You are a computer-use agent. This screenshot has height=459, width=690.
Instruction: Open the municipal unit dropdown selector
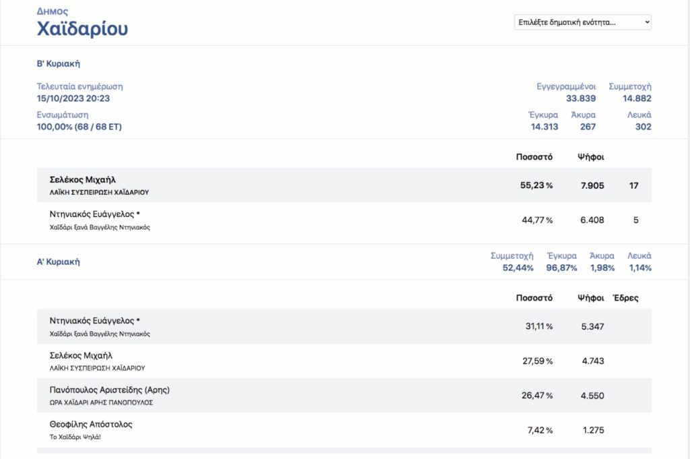point(583,22)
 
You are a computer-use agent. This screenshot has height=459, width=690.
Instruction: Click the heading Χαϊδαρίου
point(82,28)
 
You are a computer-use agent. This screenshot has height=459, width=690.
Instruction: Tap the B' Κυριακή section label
point(59,64)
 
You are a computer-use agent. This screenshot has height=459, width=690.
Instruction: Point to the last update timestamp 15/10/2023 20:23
point(73,98)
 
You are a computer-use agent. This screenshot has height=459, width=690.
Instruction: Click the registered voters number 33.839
point(581,98)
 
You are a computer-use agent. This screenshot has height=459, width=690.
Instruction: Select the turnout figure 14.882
point(637,98)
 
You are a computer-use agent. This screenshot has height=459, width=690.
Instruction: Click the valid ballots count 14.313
point(544,127)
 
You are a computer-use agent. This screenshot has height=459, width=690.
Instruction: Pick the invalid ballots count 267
point(588,127)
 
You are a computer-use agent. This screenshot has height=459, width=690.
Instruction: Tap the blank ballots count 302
point(643,127)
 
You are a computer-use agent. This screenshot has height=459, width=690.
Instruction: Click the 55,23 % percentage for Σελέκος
point(536,185)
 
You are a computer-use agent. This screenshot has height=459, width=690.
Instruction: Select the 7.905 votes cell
point(592,185)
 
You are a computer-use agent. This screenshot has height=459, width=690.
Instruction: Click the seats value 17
point(633,185)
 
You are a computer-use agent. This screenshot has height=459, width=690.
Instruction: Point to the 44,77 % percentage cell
point(537,220)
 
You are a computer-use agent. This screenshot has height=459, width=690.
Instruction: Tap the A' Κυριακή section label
point(59,262)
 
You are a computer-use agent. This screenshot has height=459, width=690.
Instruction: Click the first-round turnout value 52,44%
point(518,268)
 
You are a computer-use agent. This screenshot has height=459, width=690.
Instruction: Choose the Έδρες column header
point(625,298)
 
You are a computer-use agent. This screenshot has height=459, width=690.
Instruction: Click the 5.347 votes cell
point(592,326)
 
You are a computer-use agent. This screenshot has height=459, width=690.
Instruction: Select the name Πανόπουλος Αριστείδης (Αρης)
point(110,390)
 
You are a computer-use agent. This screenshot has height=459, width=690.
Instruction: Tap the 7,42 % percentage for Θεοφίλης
point(540,430)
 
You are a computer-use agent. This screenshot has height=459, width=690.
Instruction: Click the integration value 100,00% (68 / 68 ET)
point(80,127)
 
